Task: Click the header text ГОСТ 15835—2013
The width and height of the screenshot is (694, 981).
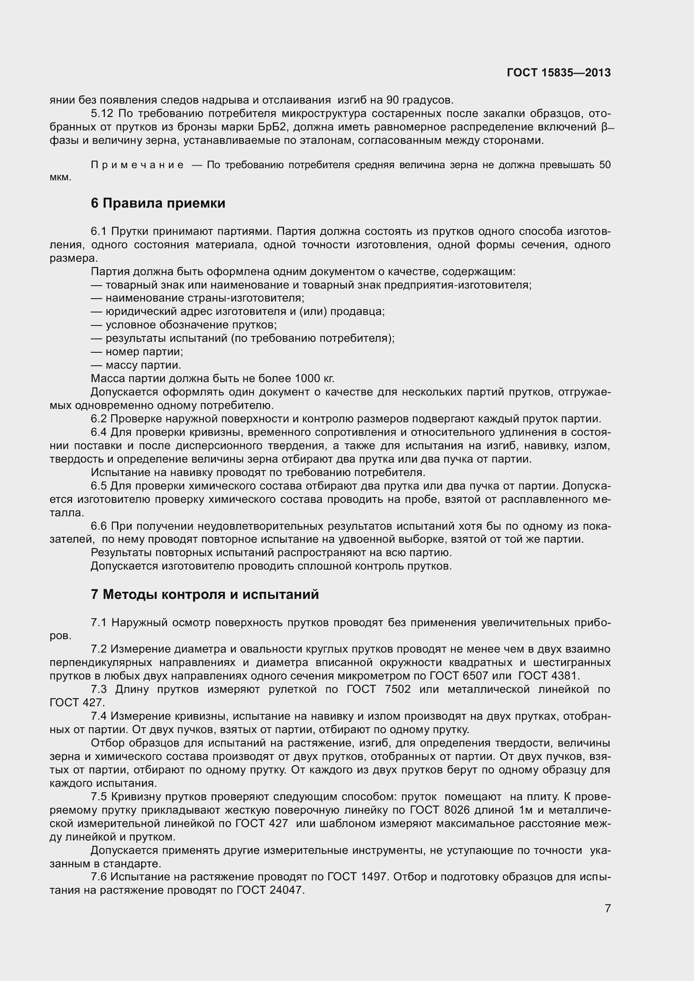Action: [558, 73]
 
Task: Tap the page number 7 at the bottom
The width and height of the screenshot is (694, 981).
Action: [608, 920]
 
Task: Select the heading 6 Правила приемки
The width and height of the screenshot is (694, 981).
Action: [158, 203]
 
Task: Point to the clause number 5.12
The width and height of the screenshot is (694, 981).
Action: [102, 114]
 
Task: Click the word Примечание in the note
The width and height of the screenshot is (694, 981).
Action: [137, 165]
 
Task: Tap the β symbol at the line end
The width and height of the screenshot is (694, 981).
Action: [604, 127]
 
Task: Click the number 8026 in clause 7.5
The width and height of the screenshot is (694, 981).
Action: [456, 810]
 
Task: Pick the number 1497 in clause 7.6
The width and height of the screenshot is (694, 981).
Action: [374, 877]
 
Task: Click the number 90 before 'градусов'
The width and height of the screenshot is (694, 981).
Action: [393, 100]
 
